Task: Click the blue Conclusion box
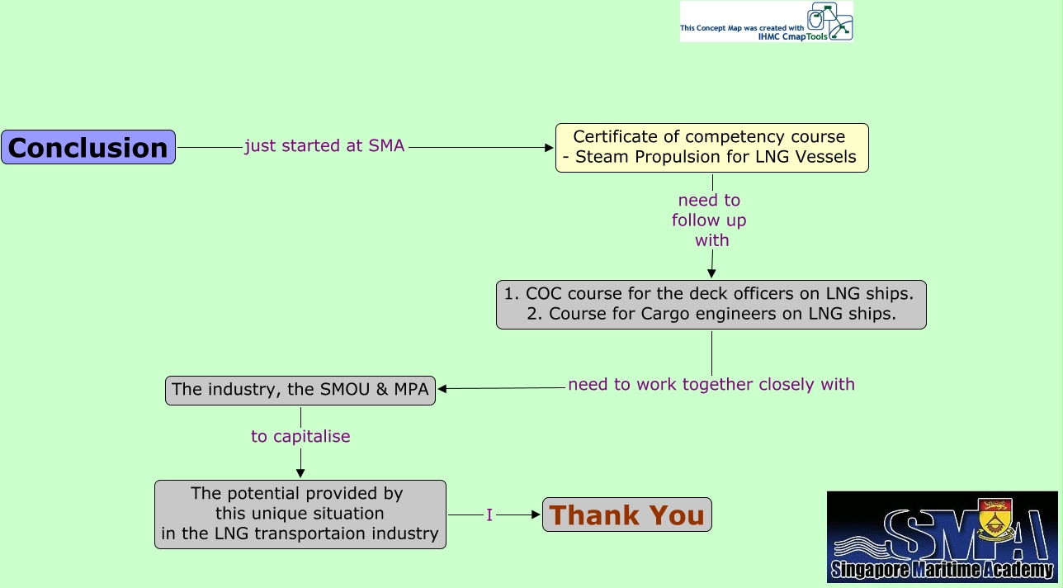point(88,147)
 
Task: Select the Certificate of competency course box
point(711,147)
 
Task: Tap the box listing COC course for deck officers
point(711,304)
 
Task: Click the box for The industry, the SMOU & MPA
point(300,390)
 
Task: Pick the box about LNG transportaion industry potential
point(300,514)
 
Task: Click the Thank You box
point(626,514)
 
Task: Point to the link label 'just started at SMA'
point(324,146)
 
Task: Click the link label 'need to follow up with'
point(710,220)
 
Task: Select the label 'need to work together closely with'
point(711,384)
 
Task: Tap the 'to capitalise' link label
point(300,436)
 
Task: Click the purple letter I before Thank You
point(489,515)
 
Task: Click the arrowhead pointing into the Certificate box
point(550,148)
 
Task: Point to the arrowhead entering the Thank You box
point(537,514)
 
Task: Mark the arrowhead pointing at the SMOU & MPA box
point(442,389)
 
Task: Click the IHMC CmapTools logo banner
point(766,22)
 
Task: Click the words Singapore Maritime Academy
point(942,570)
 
